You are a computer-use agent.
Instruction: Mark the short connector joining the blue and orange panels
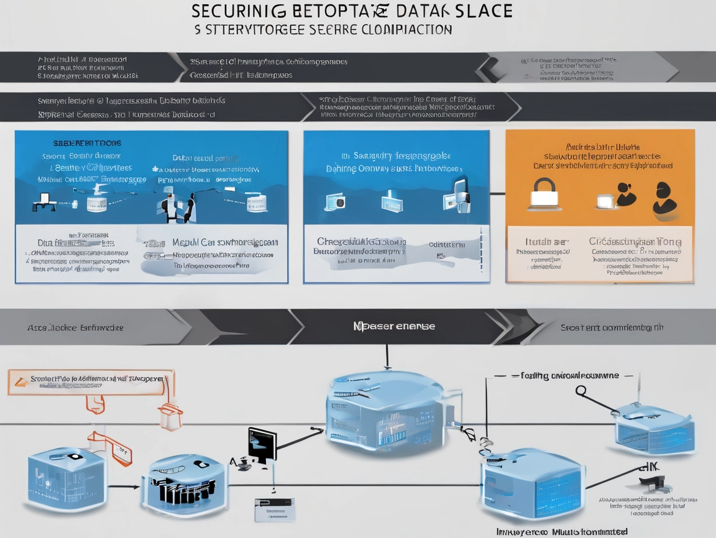(x=497, y=194)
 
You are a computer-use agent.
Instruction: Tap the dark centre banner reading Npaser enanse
(x=393, y=327)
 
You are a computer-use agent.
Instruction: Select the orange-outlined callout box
(x=91, y=382)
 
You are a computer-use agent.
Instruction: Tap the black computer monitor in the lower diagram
(x=262, y=444)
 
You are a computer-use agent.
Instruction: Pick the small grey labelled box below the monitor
(x=274, y=509)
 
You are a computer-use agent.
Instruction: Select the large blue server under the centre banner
(x=385, y=407)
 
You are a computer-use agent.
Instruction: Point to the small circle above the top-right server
(x=581, y=390)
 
